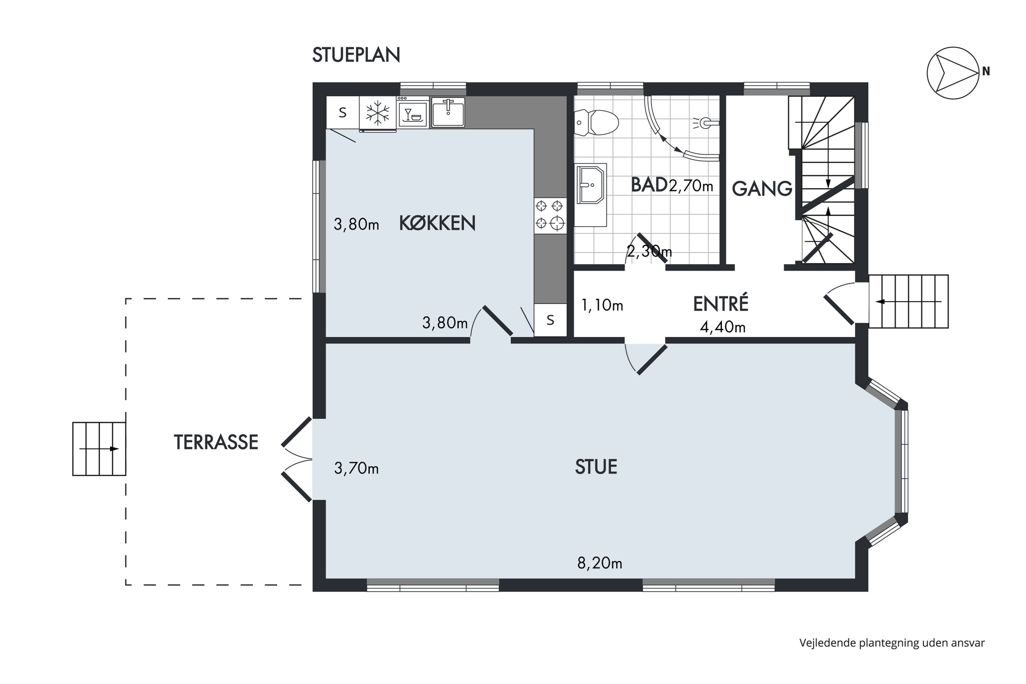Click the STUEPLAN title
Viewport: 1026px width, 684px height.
356,55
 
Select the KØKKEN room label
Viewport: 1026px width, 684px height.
437,223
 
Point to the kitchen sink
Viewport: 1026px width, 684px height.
448,112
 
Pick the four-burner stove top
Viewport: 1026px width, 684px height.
550,215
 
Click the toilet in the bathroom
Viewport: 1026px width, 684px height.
596,122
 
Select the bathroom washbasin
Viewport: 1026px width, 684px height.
591,185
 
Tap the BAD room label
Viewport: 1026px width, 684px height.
649,185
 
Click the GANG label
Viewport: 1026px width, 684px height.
762,188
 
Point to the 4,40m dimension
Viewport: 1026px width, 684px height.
722,327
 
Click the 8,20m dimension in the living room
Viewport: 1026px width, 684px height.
600,563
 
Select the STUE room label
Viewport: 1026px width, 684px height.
596,467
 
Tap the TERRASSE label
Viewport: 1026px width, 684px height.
216,442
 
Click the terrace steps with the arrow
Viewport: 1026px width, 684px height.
99,448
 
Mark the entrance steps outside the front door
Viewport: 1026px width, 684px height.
908,301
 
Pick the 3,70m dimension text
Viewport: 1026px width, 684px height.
356,468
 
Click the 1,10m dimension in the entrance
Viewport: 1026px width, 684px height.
602,305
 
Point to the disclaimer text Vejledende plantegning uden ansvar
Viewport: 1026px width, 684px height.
892,643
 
